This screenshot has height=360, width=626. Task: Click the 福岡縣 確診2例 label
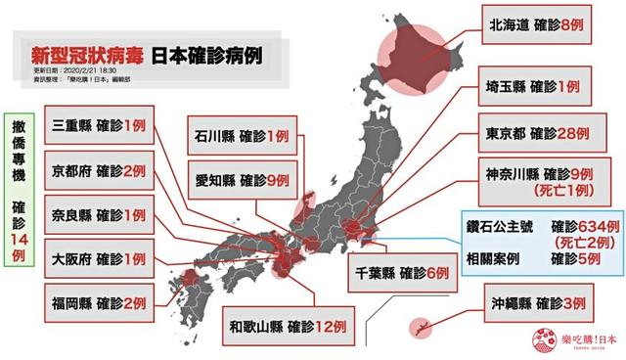pos(95,299)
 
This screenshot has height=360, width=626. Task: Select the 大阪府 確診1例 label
pos(95,258)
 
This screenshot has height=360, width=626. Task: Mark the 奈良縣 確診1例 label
pos(95,214)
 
